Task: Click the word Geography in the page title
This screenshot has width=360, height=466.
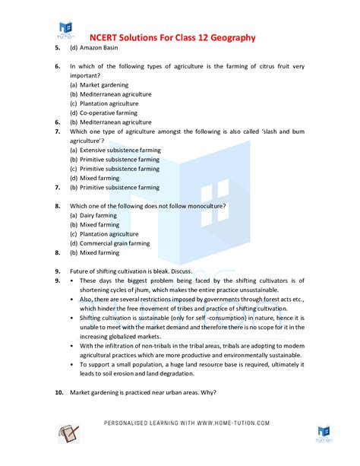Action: [x=230, y=38]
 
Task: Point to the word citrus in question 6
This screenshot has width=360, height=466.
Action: [x=248, y=66]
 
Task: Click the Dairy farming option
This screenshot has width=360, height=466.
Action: [x=94, y=215]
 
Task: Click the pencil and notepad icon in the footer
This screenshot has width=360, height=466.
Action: [x=69, y=434]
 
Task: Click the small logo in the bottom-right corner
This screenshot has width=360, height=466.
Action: [x=324, y=434]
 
